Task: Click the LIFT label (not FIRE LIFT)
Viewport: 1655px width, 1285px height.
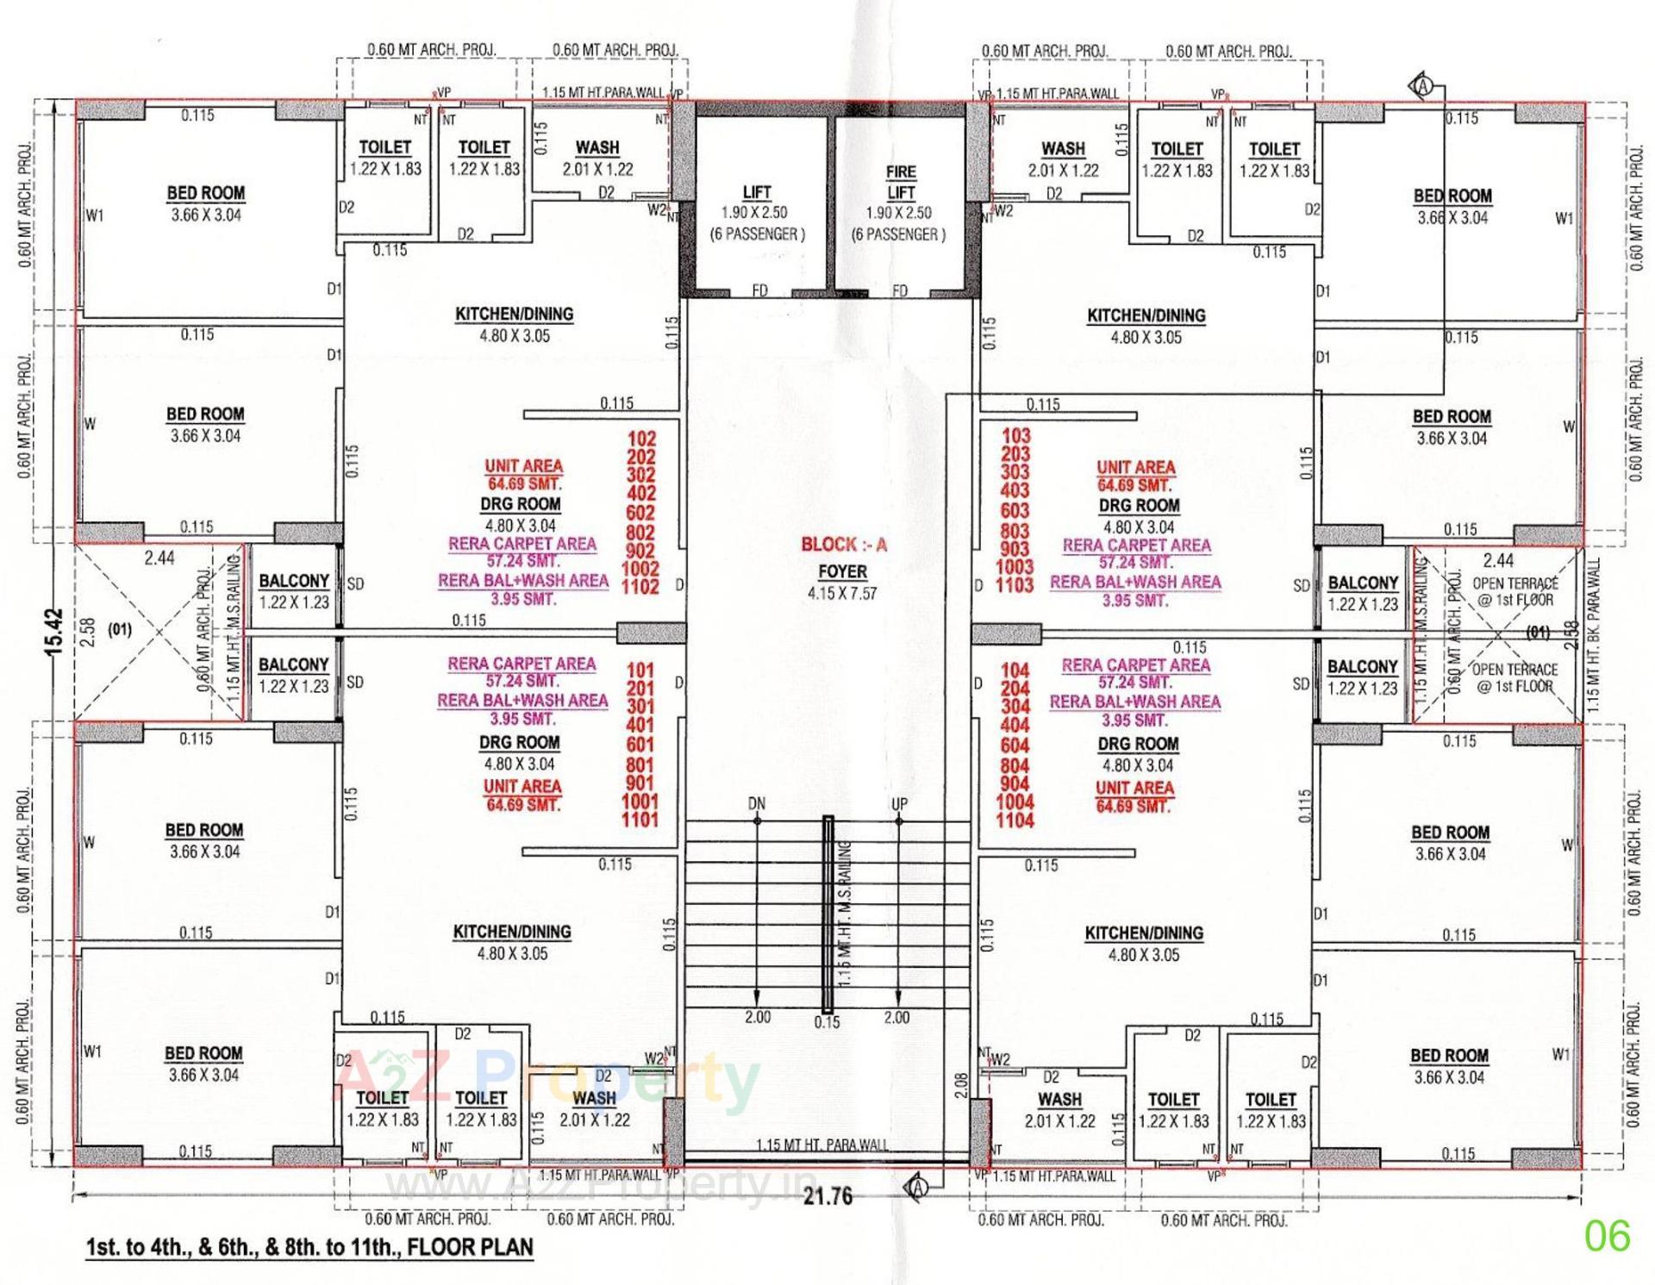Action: point(756,191)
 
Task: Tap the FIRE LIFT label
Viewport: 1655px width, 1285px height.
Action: point(900,182)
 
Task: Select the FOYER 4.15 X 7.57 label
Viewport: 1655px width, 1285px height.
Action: point(842,582)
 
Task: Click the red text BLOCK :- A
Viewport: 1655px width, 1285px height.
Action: point(843,545)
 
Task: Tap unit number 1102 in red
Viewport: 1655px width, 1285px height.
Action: point(640,587)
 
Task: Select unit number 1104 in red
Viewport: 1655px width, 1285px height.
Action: point(1015,820)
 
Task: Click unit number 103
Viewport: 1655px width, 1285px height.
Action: point(1015,436)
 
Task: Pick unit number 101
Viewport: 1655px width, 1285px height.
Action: point(640,670)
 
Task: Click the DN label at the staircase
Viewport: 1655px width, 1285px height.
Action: point(756,804)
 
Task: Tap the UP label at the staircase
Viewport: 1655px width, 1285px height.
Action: point(899,804)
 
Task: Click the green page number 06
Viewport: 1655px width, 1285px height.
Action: point(1607,1236)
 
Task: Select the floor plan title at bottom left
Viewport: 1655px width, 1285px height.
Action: point(309,1247)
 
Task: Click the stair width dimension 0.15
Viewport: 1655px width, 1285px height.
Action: point(827,1022)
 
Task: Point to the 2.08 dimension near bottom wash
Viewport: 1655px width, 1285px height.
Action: point(962,1083)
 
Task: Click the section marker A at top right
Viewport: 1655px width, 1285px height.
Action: point(1423,86)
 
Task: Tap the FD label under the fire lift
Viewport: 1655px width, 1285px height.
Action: point(899,290)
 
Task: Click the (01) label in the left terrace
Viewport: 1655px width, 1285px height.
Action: point(120,629)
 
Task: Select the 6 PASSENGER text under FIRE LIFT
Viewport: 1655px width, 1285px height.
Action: point(898,234)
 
